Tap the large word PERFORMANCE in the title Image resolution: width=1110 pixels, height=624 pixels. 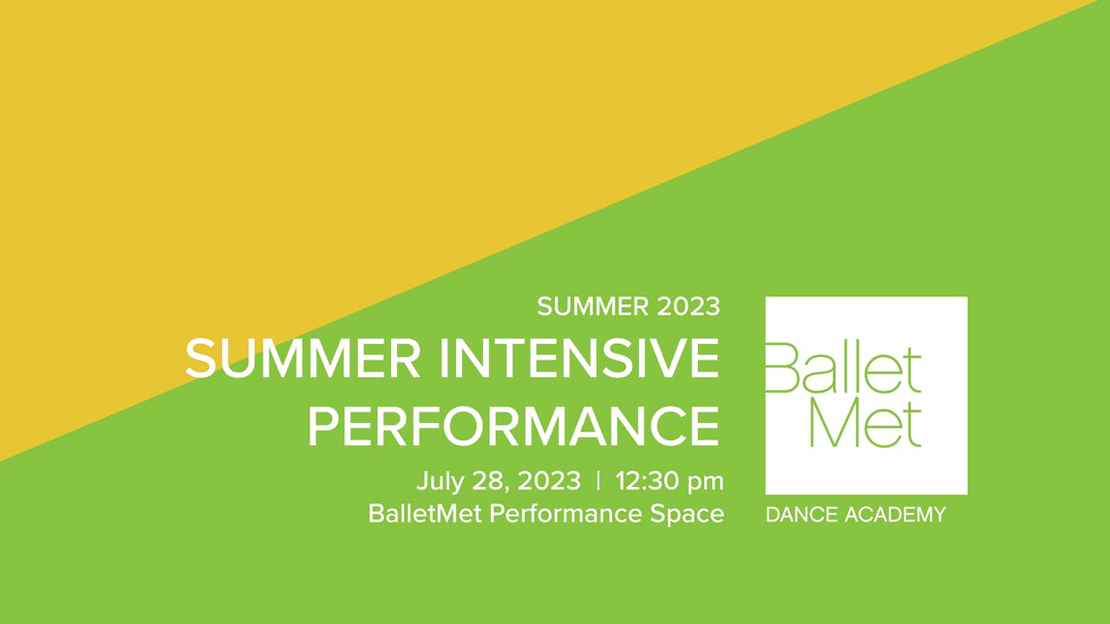click(x=513, y=426)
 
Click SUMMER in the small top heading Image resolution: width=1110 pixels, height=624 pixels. click(x=592, y=307)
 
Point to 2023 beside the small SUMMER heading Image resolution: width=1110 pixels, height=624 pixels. click(x=689, y=307)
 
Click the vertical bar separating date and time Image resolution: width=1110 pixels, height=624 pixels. click(x=598, y=480)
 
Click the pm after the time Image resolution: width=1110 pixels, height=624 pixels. click(x=706, y=484)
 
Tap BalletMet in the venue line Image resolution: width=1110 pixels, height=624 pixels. click(x=425, y=514)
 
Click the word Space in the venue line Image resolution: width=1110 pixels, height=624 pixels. click(x=687, y=516)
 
